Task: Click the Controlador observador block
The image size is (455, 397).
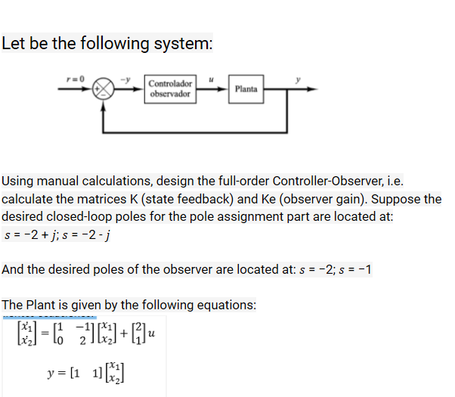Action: pos(170,89)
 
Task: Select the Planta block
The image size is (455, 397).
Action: pos(246,89)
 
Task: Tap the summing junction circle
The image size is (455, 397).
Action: pos(103,88)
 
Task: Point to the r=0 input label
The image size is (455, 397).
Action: pos(76,79)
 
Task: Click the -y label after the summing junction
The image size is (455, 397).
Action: pos(125,79)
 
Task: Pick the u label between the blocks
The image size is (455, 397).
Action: pos(212,79)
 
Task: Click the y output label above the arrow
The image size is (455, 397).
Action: pos(298,79)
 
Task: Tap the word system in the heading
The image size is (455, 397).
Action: pos(183,43)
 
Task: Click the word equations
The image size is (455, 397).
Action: pos(227,306)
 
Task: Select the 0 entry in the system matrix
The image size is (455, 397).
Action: pos(60,340)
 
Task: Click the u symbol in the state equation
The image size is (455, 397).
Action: pos(151,333)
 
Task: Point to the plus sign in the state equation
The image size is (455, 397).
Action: pos(124,333)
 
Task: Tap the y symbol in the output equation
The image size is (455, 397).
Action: pos(51,374)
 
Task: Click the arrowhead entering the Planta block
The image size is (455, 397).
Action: pos(223,89)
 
